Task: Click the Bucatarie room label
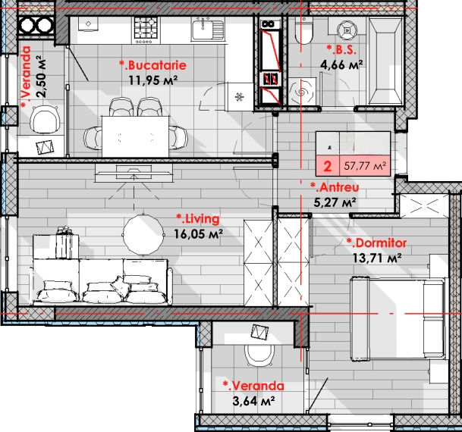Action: [x=152, y=65]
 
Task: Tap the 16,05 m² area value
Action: [x=198, y=234]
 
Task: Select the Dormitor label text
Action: [x=376, y=243]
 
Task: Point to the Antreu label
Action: [x=335, y=187]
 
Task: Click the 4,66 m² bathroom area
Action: [x=341, y=64]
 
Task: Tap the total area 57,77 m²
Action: [x=365, y=166]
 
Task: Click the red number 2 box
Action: [x=328, y=166]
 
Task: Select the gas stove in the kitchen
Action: [x=146, y=30]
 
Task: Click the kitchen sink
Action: [x=208, y=29]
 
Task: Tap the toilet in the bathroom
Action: [x=303, y=30]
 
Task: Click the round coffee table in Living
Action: [x=143, y=234]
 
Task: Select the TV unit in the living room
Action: [x=134, y=173]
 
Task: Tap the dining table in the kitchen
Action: [x=136, y=136]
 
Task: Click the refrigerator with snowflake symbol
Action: [x=239, y=96]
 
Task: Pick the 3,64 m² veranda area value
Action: [x=253, y=401]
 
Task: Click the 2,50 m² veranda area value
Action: [x=41, y=77]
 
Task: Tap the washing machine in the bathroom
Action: [x=302, y=92]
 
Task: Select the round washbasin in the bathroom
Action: [x=347, y=30]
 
